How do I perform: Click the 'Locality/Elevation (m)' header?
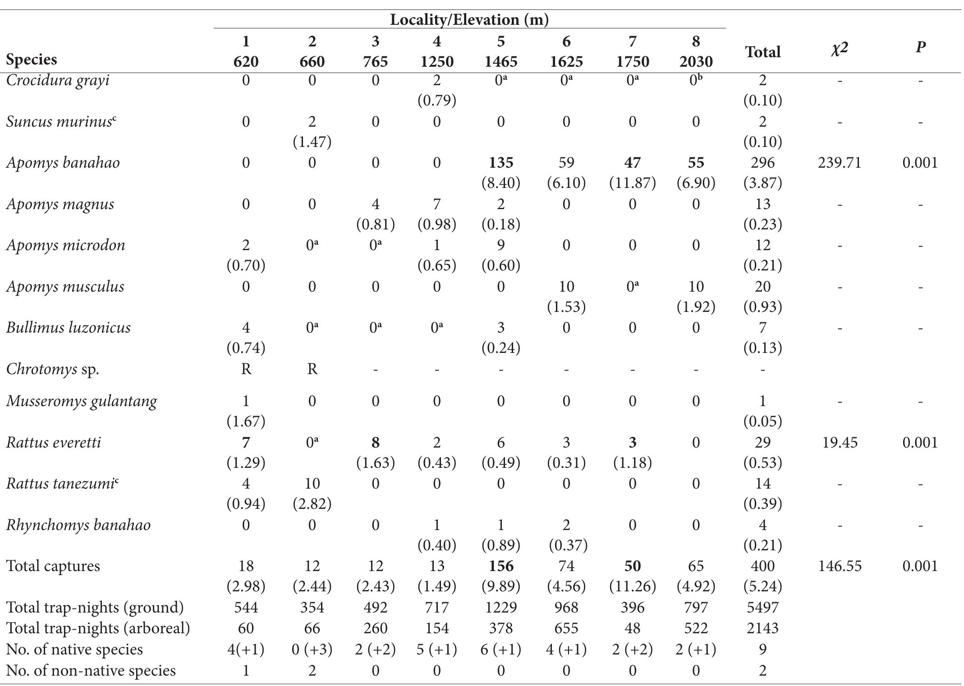pos(469,20)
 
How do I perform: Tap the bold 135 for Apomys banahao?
pos(500,163)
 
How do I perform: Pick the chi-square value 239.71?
pos(839,163)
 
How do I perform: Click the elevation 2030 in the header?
pos(696,61)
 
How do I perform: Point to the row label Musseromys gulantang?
pos(82,401)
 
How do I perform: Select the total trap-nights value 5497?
pos(762,608)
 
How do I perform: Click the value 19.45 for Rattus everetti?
pos(839,443)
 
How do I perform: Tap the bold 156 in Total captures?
pos(500,566)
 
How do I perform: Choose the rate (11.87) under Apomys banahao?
pos(632,183)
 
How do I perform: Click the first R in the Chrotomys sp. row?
pos(246,369)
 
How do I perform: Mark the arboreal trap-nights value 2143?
pos(762,628)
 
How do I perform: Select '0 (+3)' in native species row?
pos(312,649)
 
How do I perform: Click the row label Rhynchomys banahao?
pos(78,525)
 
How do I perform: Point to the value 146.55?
pos(839,566)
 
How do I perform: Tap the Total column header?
pos(762,52)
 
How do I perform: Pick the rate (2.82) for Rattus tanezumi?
pos(312,504)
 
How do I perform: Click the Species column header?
pos(32,59)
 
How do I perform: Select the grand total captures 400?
pos(762,566)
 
